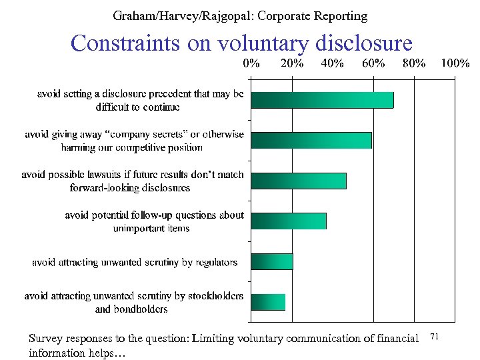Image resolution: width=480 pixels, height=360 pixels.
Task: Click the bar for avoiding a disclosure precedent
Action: (x=322, y=99)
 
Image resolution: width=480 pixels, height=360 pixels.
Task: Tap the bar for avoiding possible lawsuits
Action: (x=298, y=181)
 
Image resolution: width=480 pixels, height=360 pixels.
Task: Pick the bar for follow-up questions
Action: (x=288, y=221)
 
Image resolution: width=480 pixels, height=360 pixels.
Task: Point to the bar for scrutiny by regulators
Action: (x=271, y=261)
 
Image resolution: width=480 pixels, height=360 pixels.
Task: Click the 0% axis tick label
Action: (x=251, y=64)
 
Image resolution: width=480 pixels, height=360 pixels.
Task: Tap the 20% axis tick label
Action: (x=292, y=64)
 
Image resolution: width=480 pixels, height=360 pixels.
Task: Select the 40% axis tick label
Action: (x=333, y=64)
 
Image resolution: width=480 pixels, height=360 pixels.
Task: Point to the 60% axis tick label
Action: (x=373, y=64)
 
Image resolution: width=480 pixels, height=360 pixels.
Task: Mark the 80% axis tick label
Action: (x=414, y=64)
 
